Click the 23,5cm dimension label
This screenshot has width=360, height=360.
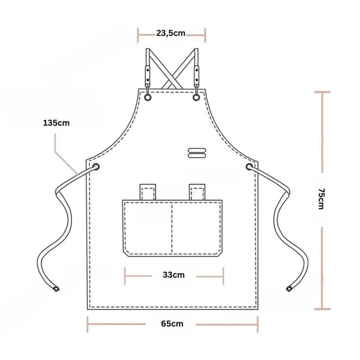tap(171, 33)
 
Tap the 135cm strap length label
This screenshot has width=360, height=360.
tap(56, 123)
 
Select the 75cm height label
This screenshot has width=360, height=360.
tap(321, 199)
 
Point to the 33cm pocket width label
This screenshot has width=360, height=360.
tap(174, 275)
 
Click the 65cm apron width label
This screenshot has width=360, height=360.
tap(172, 324)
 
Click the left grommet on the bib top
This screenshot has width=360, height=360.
tap(148, 98)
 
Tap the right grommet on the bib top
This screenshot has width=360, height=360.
tap(196, 98)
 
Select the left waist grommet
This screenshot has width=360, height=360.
tap(95, 166)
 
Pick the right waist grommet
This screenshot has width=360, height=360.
tap(249, 166)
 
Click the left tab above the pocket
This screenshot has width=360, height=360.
tap(148, 192)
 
